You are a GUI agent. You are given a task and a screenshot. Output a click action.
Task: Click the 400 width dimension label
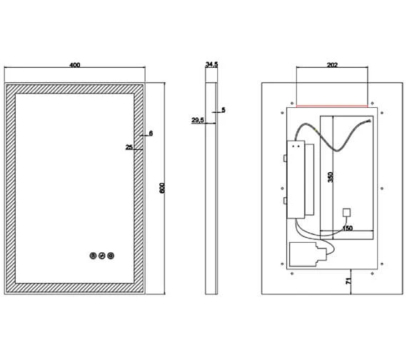click(75, 65)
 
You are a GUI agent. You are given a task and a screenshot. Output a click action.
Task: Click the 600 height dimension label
click(162, 188)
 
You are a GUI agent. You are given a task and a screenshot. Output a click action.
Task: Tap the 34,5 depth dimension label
click(211, 65)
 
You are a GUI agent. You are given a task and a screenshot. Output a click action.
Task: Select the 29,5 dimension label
click(198, 120)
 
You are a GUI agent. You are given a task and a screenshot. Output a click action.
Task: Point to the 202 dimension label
click(332, 65)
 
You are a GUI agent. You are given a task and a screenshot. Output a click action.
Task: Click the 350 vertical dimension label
click(330, 177)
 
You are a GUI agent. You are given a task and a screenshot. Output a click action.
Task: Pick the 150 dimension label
click(348, 229)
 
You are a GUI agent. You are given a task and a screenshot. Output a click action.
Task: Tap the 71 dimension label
click(349, 281)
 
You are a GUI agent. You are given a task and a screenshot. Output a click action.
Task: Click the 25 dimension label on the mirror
click(129, 147)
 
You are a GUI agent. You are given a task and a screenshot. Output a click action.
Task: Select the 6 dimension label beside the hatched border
click(151, 134)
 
